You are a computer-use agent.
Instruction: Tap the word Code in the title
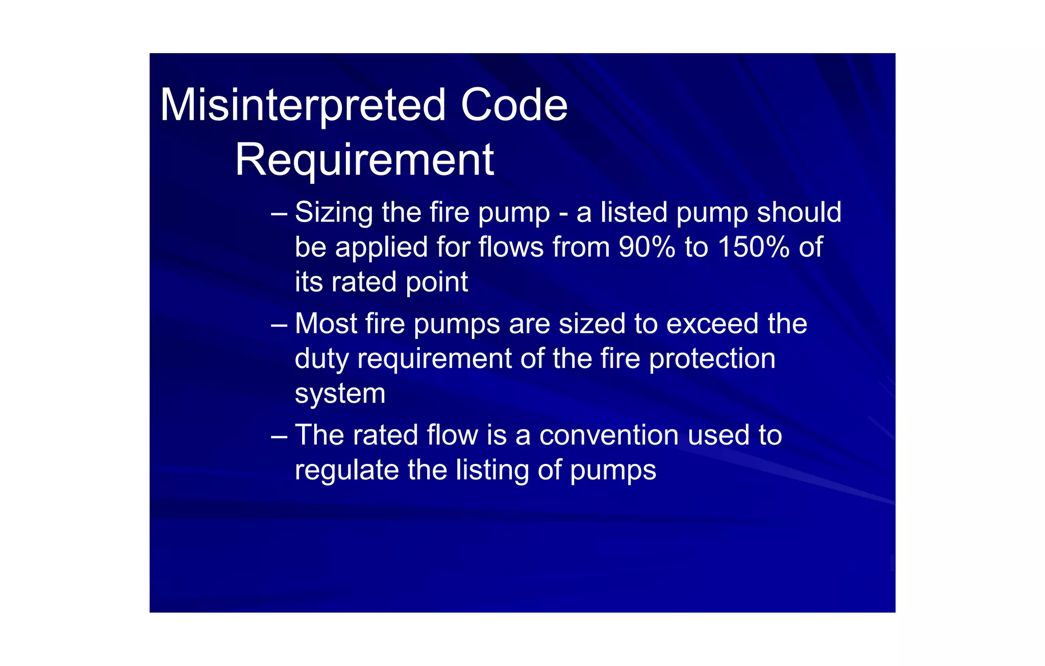pos(514,105)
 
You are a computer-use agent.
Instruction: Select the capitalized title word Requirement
pos(364,160)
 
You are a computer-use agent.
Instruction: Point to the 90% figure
pos(647,248)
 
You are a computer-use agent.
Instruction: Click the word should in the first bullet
pos(799,212)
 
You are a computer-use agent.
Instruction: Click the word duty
pos(322,359)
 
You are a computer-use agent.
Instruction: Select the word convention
pos(609,435)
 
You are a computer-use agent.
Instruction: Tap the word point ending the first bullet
pos(436,283)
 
